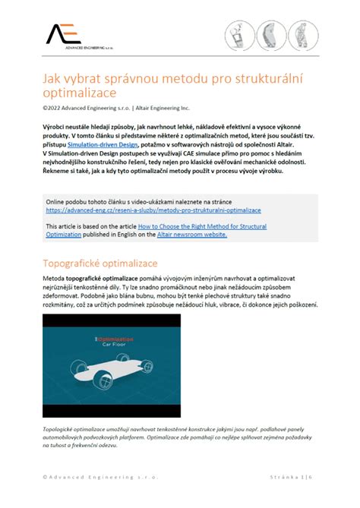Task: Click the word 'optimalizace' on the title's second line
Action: click(81, 95)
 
